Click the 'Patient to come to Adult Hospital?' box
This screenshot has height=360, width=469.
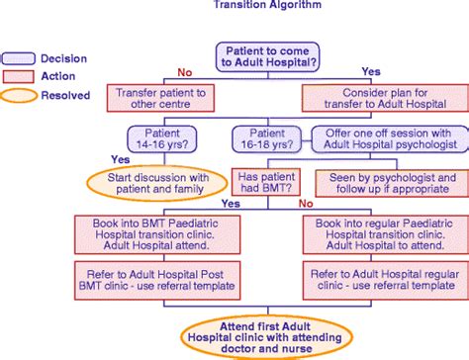click(x=267, y=57)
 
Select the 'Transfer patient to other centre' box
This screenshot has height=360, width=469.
click(x=160, y=98)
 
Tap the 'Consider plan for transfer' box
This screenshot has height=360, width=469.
click(x=385, y=98)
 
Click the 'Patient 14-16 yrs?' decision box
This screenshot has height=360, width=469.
click(x=162, y=139)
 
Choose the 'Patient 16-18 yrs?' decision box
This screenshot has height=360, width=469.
click(x=267, y=139)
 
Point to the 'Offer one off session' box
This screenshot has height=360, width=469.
click(x=390, y=139)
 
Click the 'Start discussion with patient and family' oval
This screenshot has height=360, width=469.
click(x=157, y=183)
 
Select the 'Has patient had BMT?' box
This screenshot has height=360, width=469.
click(x=266, y=182)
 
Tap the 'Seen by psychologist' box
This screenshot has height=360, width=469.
click(x=392, y=183)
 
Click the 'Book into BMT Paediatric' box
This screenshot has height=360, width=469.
click(x=157, y=234)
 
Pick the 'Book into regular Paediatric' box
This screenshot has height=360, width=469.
click(x=386, y=234)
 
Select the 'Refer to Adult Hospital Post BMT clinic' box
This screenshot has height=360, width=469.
click(x=157, y=280)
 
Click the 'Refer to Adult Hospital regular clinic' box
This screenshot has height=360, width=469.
click(x=386, y=280)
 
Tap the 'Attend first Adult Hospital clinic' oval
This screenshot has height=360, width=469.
click(x=266, y=337)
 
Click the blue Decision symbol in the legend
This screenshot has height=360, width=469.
click(x=19, y=58)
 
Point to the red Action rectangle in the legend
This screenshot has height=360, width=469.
click(x=19, y=76)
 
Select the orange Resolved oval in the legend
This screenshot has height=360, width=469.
click(x=19, y=96)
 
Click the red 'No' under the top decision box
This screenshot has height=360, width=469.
click(x=185, y=72)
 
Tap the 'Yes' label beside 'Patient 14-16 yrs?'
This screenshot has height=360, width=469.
click(x=121, y=159)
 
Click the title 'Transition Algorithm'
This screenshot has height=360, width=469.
click(x=267, y=4)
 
